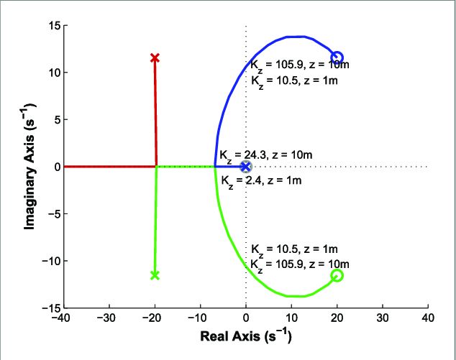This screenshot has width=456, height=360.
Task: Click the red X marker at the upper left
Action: [155, 57]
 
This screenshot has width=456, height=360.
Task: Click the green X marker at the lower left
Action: [155, 275]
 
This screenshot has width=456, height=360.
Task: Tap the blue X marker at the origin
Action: [246, 167]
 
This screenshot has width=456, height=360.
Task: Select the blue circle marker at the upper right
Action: [337, 57]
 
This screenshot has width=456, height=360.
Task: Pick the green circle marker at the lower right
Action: [337, 275]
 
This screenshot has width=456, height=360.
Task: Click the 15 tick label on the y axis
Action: [53, 26]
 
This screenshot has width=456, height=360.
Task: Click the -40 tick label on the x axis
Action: [63, 318]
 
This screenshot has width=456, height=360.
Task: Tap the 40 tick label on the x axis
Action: [428, 318]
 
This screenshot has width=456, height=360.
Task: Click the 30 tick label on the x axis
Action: [382, 318]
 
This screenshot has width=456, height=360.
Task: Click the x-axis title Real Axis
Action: [245, 336]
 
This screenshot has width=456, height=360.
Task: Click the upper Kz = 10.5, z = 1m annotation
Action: [294, 80]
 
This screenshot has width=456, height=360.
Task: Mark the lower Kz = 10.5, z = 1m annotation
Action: [294, 249]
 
